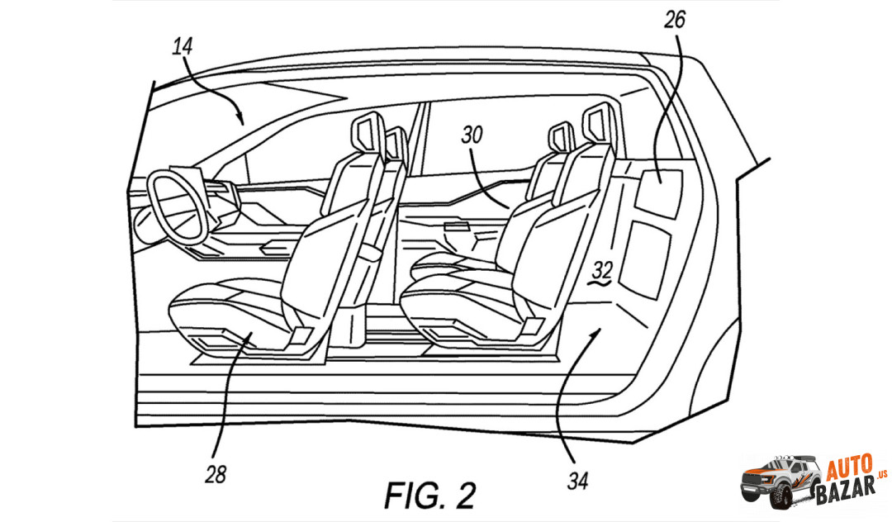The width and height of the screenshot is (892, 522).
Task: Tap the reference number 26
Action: [675, 21]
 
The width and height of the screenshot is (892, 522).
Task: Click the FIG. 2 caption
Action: [429, 495]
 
